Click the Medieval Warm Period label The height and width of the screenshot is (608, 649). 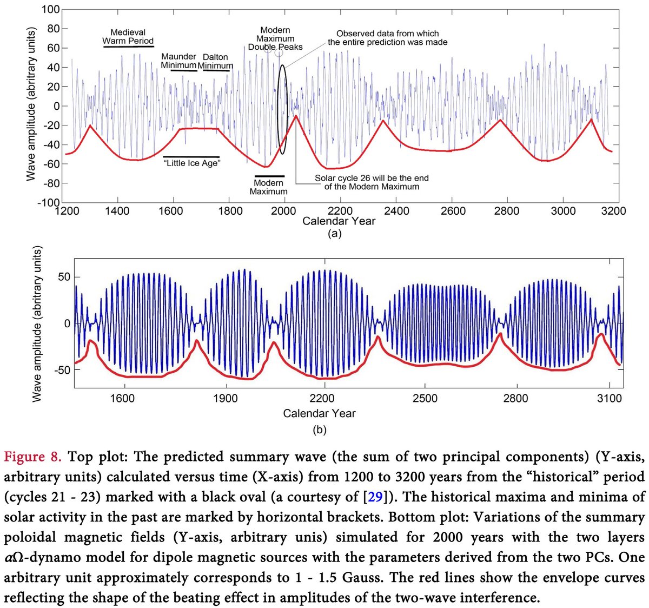coord(128,37)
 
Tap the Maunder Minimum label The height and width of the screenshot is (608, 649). coord(178,61)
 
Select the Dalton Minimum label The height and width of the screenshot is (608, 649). coord(215,61)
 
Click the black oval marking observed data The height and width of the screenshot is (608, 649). coord(282,108)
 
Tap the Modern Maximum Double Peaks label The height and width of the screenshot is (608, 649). coord(275,38)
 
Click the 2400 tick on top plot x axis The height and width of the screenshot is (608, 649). coord(396,211)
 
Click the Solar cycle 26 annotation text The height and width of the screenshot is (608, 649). coord(372,182)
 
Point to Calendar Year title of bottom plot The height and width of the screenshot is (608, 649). coord(319,414)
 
